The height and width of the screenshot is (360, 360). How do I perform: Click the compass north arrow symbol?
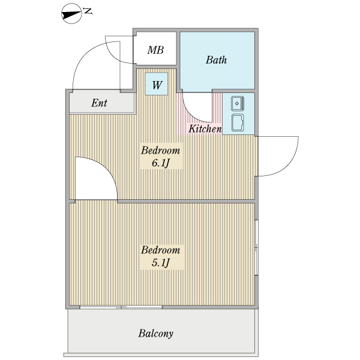coord(71,14)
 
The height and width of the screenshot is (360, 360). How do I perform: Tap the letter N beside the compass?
coord(88,11)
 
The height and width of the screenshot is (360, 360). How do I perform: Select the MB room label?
coord(155,50)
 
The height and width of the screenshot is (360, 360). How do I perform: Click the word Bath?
coord(216,60)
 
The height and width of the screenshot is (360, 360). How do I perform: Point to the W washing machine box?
coord(157,84)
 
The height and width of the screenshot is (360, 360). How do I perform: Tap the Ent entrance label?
coord(99,103)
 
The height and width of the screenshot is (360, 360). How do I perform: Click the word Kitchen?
coord(205,128)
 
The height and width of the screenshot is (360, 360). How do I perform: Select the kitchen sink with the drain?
coord(238,104)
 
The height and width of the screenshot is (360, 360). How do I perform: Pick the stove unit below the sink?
coord(238,122)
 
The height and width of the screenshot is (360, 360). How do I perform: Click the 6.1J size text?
coord(160,163)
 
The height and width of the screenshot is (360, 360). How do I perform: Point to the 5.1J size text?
coord(160,263)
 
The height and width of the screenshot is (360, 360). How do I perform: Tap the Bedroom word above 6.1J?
coord(160,151)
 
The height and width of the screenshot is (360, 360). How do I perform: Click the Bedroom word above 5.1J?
coord(160,250)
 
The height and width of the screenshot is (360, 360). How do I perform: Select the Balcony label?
coord(155,334)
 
